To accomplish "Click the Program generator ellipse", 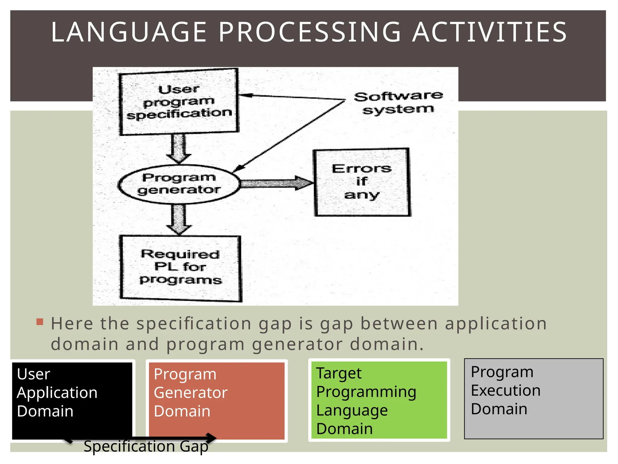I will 179,184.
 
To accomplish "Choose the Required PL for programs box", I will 180,268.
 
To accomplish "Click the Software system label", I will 398,103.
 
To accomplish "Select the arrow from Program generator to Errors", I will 276,183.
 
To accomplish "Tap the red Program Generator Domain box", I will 217,401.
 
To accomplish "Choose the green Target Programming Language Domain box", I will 379,400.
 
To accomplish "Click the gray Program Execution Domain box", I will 534,399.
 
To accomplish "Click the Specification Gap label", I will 146,446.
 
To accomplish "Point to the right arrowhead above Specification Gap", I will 212,438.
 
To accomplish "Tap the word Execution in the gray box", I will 506,390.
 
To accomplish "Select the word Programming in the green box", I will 366,392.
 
